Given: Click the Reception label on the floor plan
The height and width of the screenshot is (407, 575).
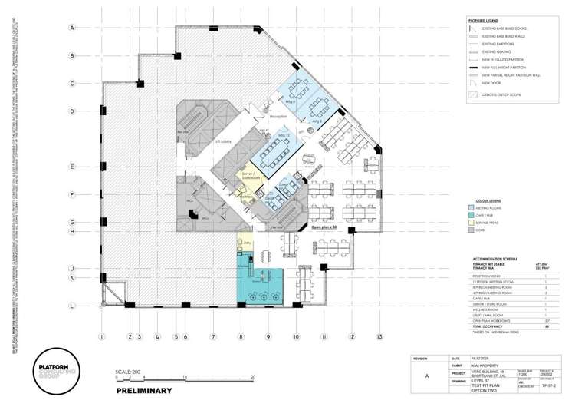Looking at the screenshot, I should click(277, 116).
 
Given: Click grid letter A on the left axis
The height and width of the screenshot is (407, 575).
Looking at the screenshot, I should click(72, 28).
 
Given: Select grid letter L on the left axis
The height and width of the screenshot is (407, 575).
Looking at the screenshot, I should click(72, 306).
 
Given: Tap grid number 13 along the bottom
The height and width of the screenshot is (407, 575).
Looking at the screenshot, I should click(379, 336).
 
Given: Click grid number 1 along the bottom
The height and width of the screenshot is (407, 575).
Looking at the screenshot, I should click(101, 336).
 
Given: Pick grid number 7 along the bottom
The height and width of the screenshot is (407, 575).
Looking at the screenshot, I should click(213, 336).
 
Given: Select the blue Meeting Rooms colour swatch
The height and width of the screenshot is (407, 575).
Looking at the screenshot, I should click(472, 207).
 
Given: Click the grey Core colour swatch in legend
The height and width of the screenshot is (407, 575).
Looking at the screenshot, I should click(472, 230).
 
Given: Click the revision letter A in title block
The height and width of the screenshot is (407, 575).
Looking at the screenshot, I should click(426, 376).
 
